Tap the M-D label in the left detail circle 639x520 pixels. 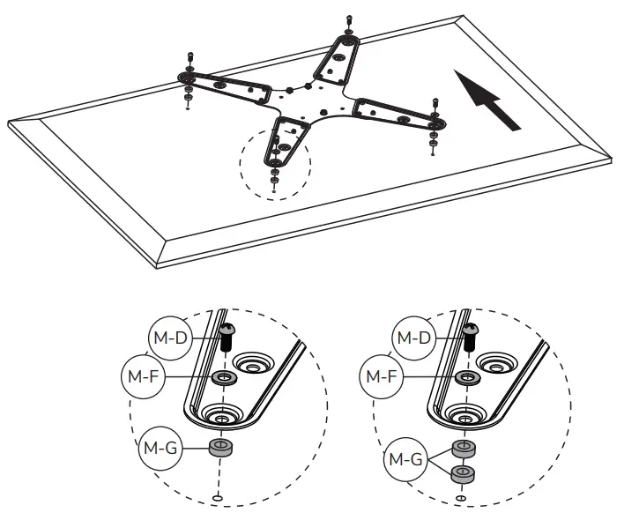point(167,337)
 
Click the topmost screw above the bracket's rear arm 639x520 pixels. point(350,20)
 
